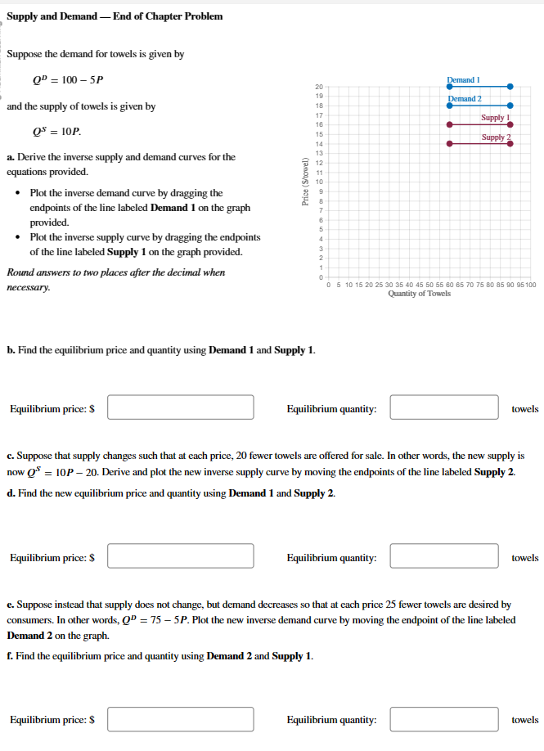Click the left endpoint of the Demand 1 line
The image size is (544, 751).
point(448,86)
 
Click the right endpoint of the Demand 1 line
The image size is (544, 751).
point(510,86)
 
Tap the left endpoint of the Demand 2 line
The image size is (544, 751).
point(448,105)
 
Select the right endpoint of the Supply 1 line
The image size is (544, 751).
point(510,124)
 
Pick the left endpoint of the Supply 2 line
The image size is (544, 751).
point(448,143)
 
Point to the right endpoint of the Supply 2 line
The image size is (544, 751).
point(510,143)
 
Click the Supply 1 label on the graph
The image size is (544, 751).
point(495,118)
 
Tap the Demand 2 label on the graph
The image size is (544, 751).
point(464,98)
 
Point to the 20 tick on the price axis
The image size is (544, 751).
point(318,86)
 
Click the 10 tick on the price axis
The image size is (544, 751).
point(318,182)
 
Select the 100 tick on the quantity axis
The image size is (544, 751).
point(530,285)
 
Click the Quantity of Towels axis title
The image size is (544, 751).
point(419,294)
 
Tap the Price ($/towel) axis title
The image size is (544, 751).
point(307,181)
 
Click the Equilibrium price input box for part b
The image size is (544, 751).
point(180,407)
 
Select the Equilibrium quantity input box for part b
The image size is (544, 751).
point(444,407)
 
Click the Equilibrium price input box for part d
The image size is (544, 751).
point(180,556)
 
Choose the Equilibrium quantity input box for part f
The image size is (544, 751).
point(444,719)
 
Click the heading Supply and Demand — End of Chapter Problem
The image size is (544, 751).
point(115,16)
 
